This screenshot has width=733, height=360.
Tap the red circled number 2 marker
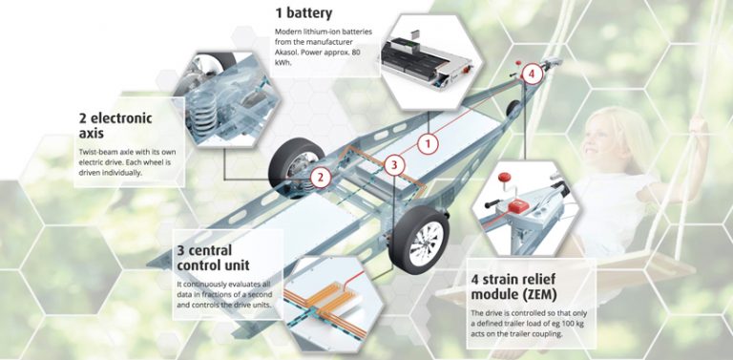[322, 177]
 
